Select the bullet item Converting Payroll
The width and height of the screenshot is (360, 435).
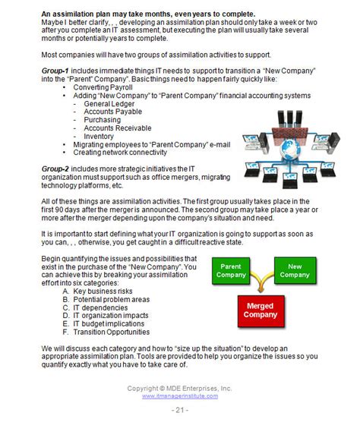tap(103, 87)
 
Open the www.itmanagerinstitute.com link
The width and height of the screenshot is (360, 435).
tap(179, 396)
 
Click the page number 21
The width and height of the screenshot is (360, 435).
tap(180, 410)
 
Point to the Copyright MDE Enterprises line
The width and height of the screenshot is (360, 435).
tap(180, 388)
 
